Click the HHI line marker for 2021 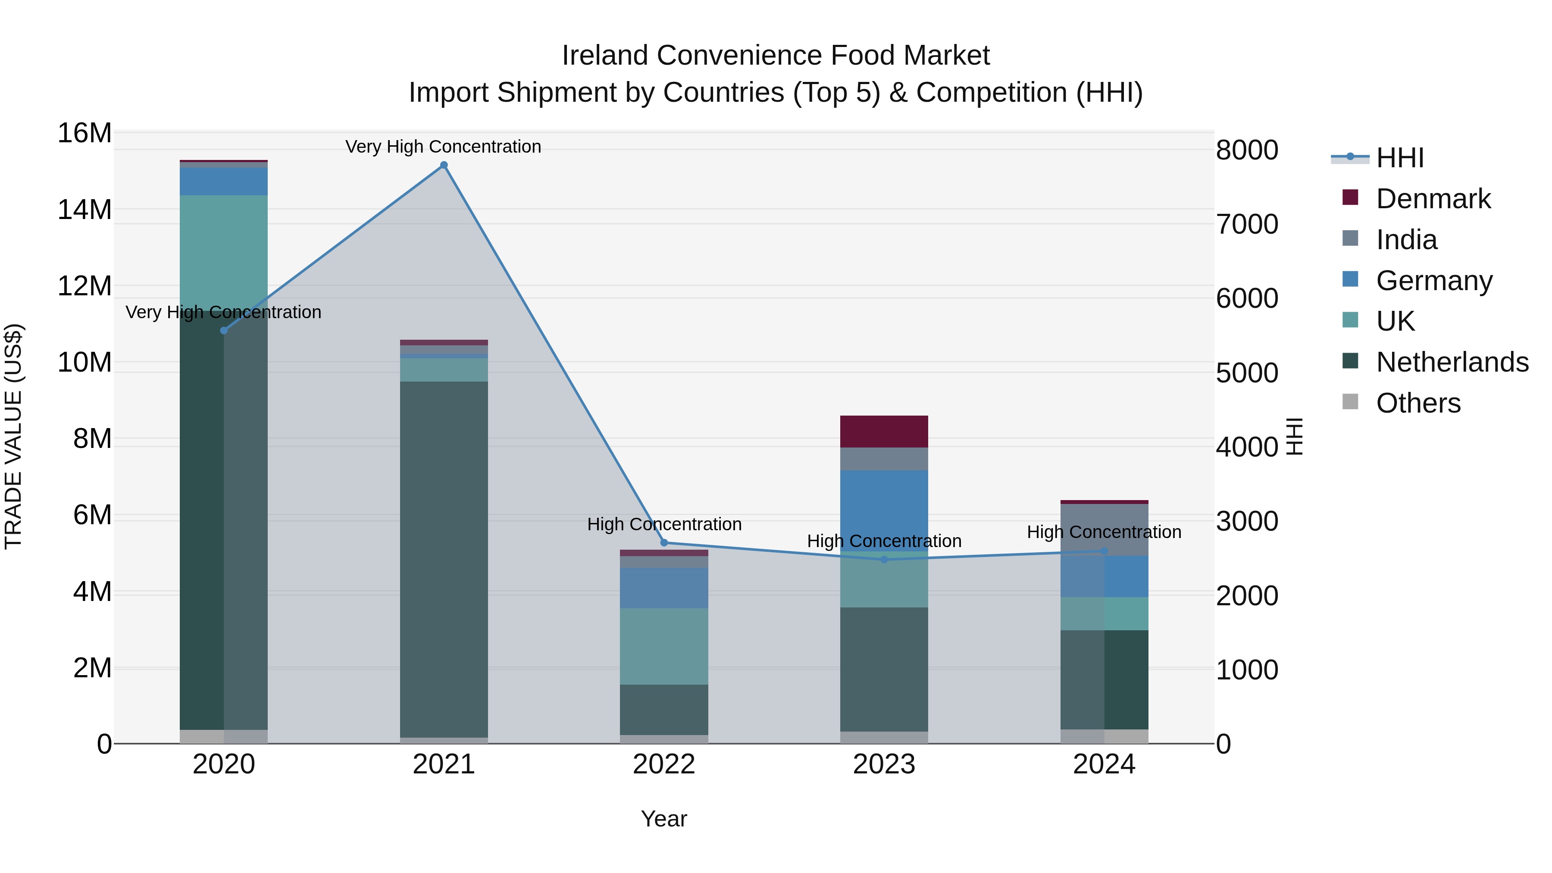click(444, 165)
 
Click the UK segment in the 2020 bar click(223, 253)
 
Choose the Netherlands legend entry click(1452, 362)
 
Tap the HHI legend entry click(1399, 158)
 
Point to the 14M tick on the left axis click(84, 210)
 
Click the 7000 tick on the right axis click(1246, 224)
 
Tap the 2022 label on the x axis click(664, 764)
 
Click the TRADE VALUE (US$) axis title click(13, 436)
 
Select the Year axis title click(664, 819)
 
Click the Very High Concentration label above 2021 click(444, 147)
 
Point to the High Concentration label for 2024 click(1104, 532)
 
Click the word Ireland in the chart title click(606, 56)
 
